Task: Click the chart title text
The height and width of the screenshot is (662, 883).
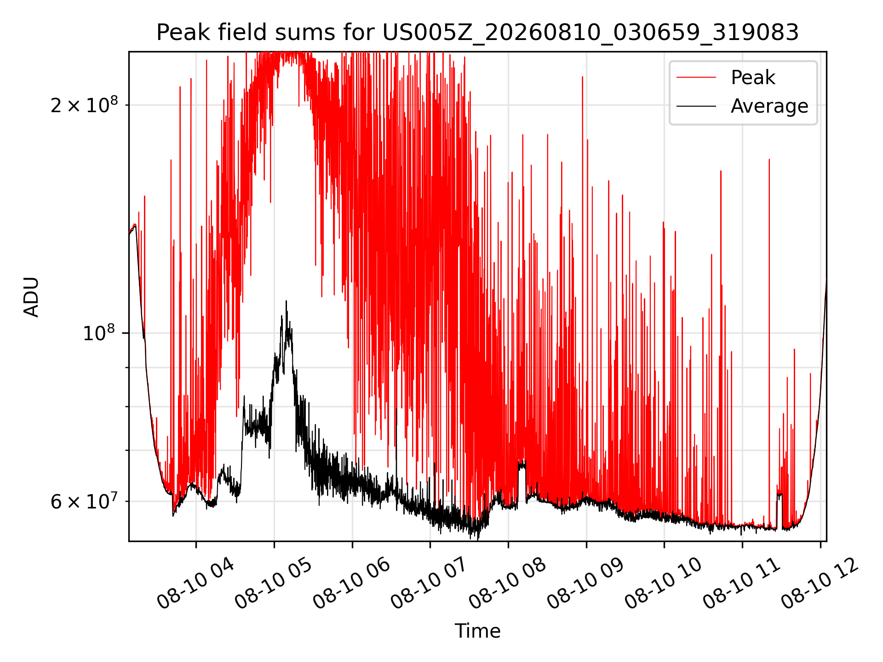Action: pyautogui.click(x=477, y=33)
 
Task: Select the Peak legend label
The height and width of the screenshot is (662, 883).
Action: pyautogui.click(x=753, y=78)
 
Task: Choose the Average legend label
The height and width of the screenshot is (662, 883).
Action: pyautogui.click(x=769, y=106)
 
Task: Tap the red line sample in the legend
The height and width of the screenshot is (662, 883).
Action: pyautogui.click(x=696, y=78)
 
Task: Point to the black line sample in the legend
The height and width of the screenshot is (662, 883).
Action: pyautogui.click(x=696, y=106)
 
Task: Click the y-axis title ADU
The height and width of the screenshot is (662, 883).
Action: pyautogui.click(x=31, y=297)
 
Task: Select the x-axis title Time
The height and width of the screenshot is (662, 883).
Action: pyautogui.click(x=477, y=631)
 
